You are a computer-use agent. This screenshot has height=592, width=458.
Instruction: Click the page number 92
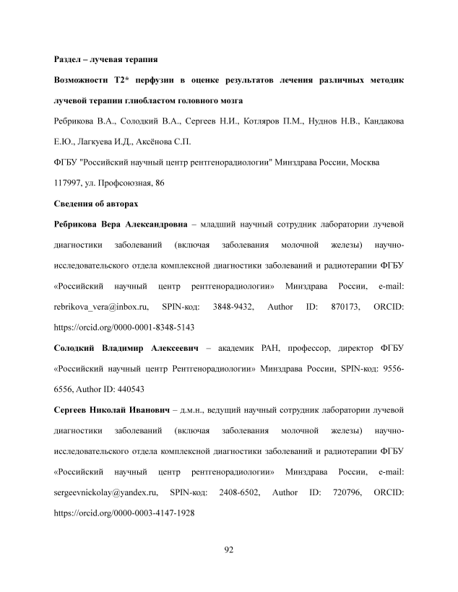coord(228,551)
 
